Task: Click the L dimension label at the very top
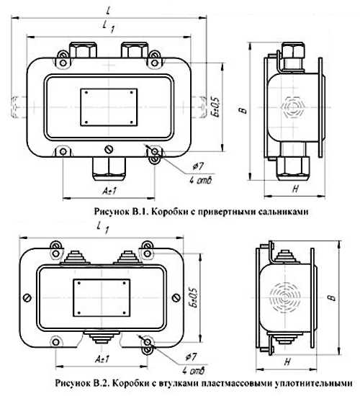[109, 11]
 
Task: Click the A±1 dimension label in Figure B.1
[110, 191]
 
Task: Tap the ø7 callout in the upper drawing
[198, 166]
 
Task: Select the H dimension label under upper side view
[295, 189]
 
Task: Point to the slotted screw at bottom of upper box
[109, 150]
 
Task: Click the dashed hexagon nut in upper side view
[292, 107]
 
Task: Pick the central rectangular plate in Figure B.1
[109, 107]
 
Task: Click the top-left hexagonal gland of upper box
[83, 50]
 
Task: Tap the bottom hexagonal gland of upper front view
[109, 168]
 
